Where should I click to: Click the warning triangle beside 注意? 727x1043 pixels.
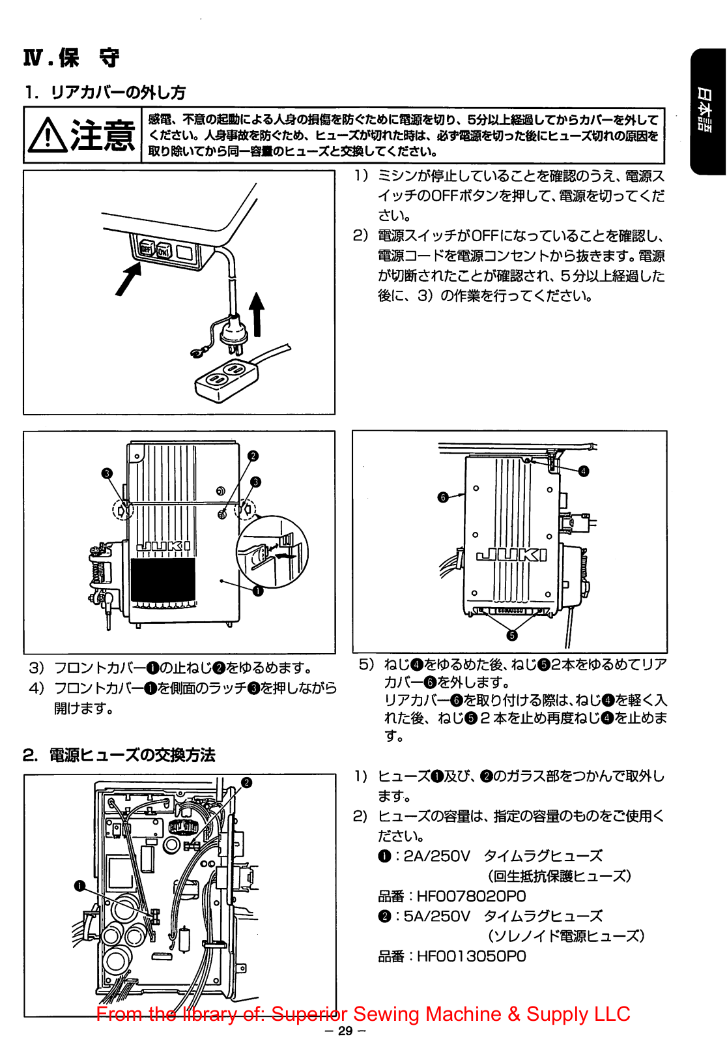coord(47,135)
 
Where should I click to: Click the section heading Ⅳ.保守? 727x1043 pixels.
coord(72,58)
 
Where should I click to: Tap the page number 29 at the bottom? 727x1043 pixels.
coord(345,1031)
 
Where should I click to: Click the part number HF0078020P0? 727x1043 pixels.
coord(471,896)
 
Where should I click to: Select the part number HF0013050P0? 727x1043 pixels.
coord(471,956)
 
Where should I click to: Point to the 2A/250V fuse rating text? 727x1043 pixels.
coord(436,856)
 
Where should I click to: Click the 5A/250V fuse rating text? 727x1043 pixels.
coord(436,916)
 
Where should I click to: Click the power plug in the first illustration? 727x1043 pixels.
coord(233,333)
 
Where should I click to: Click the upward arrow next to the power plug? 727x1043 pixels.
coord(257,313)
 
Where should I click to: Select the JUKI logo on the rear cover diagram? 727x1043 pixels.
coord(512,555)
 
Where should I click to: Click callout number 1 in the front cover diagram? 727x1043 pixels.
coord(258,591)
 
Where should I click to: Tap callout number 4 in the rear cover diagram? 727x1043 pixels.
coord(584,471)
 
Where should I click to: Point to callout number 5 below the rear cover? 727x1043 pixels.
coord(512,636)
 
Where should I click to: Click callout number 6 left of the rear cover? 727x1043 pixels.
coord(443,497)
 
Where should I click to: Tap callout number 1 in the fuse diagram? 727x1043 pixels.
coord(79,886)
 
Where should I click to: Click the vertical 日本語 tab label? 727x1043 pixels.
coord(706,111)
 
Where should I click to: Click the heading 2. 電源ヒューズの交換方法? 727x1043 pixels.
coord(119,755)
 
